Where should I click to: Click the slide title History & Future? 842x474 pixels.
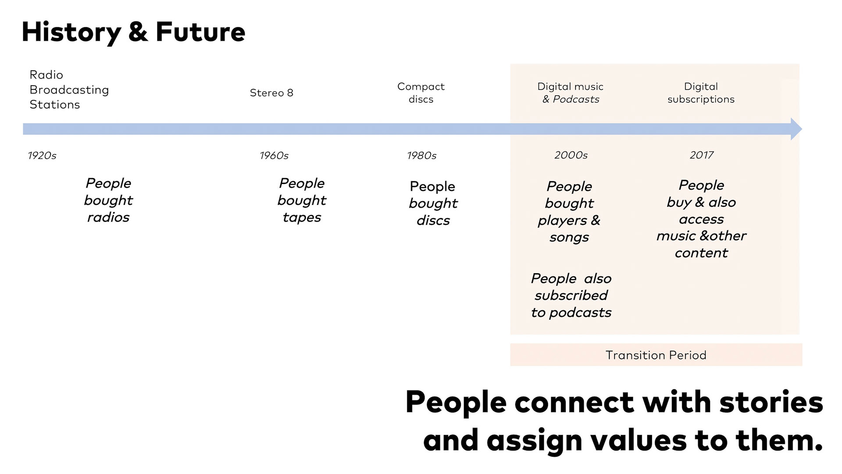tap(133, 32)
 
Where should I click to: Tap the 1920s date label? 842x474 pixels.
tap(42, 155)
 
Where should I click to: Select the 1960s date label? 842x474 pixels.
tap(274, 155)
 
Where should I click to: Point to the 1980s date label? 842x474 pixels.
tap(421, 155)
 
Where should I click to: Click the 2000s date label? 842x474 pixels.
tap(571, 155)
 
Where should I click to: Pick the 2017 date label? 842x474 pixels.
tap(702, 155)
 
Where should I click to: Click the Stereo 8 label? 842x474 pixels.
tap(271, 93)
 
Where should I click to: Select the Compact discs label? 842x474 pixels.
tap(421, 93)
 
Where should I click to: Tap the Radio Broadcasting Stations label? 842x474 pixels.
tap(69, 90)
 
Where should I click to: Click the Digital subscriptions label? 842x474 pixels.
tap(701, 93)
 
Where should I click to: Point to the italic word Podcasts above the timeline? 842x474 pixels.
tap(576, 99)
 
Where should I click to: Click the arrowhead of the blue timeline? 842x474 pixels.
tap(796, 129)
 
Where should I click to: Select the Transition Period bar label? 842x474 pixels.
tap(656, 355)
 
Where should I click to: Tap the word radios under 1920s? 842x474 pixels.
tap(108, 217)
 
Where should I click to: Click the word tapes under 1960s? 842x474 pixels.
tap(302, 218)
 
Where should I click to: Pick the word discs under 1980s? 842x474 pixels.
tap(433, 220)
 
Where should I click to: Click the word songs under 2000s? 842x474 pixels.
tap(569, 237)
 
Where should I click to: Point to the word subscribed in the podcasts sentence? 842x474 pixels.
tap(571, 295)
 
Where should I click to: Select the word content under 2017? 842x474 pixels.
tap(701, 253)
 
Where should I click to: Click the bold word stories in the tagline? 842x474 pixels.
tap(771, 402)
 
